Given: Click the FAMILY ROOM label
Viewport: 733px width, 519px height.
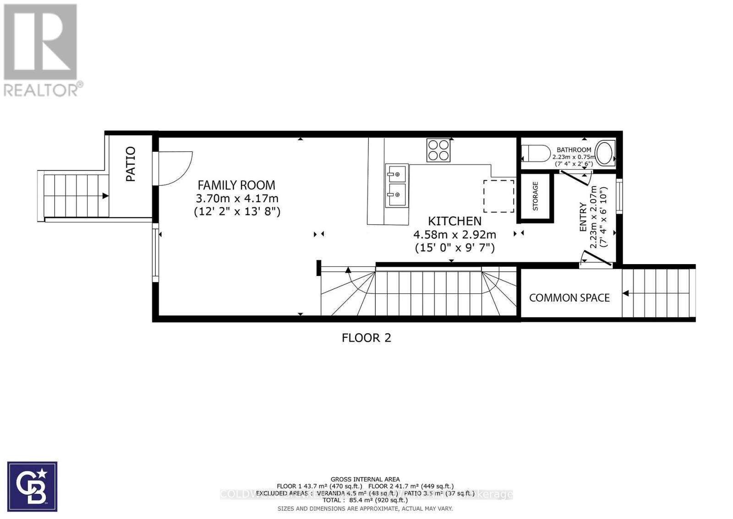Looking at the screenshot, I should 236,185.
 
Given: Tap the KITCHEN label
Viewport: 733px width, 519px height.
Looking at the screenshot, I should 454,221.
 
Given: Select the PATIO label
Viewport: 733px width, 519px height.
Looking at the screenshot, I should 131,164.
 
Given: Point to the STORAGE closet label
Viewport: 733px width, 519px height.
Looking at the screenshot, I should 535,196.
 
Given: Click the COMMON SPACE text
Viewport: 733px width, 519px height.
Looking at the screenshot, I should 569,298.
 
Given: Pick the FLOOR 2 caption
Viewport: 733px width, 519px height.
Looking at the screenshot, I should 366,338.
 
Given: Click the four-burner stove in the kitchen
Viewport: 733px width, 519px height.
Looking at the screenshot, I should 438,150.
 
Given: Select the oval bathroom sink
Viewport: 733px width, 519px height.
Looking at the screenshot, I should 604,153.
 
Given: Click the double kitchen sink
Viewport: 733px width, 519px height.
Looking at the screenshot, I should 397,185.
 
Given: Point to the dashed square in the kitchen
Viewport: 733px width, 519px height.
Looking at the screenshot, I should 499,196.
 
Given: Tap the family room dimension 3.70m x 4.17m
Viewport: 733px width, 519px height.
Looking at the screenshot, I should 237,199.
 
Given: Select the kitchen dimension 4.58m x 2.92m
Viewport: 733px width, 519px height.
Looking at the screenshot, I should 454,235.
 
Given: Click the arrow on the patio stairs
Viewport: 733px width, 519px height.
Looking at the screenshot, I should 105,196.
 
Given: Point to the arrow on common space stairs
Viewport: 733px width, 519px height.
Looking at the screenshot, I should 626,293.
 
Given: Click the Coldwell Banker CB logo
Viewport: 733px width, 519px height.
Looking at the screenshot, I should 32,486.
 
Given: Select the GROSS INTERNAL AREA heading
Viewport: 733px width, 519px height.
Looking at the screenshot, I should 365,479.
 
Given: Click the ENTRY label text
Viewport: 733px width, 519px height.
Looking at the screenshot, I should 583,217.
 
